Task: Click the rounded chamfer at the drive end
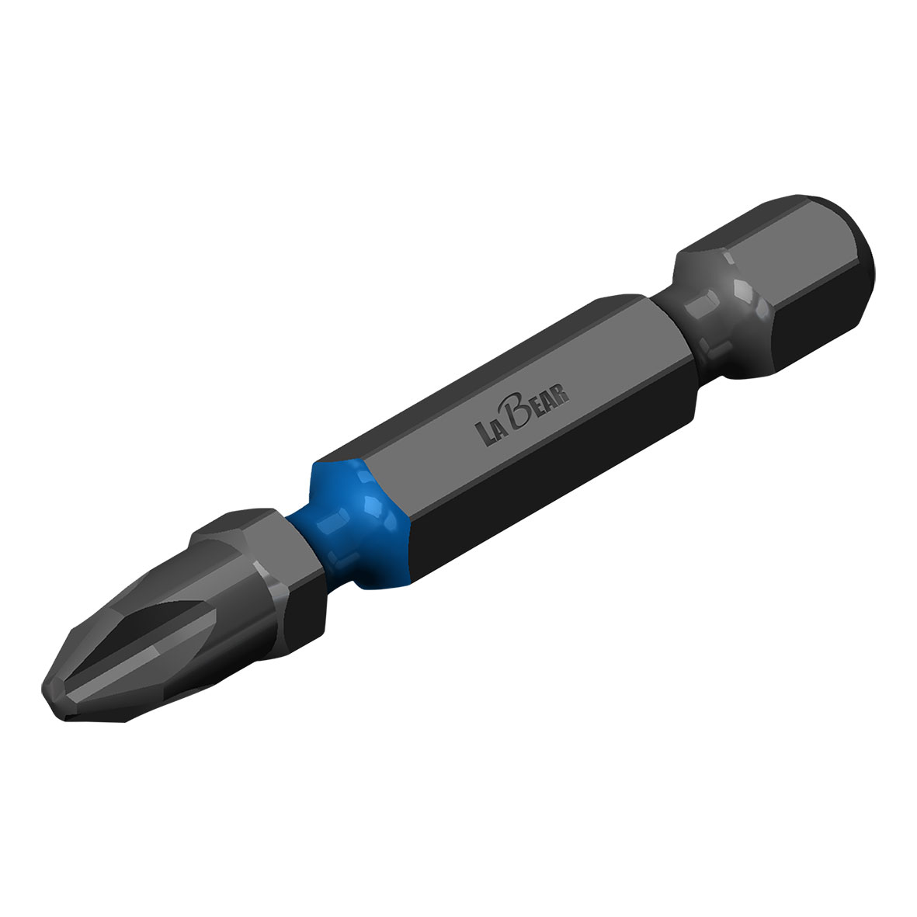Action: (x=854, y=233)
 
